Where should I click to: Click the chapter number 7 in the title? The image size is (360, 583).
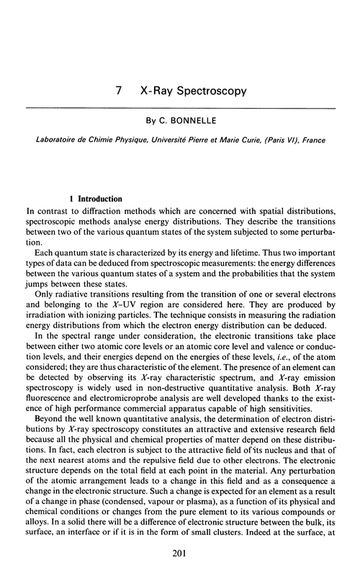117,91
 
